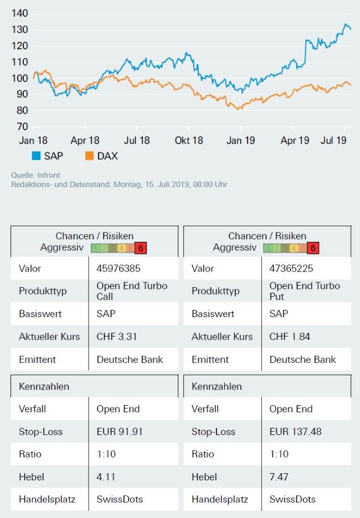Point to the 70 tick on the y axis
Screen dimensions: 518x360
click(x=20, y=127)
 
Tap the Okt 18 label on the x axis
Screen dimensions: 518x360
click(x=189, y=141)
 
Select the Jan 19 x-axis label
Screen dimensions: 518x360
click(x=241, y=141)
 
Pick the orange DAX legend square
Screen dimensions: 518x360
click(x=89, y=156)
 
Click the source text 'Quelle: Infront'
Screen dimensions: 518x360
click(x=35, y=175)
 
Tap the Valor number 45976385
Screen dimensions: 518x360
click(x=119, y=268)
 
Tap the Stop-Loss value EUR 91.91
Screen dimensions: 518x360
click(x=120, y=432)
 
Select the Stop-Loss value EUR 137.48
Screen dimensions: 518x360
click(x=295, y=432)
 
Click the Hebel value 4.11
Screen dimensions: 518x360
click(x=106, y=476)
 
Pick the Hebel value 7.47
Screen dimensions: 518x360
click(x=279, y=476)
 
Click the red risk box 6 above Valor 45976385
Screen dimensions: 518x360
click(x=140, y=248)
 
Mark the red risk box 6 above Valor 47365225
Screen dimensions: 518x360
click(x=313, y=248)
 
